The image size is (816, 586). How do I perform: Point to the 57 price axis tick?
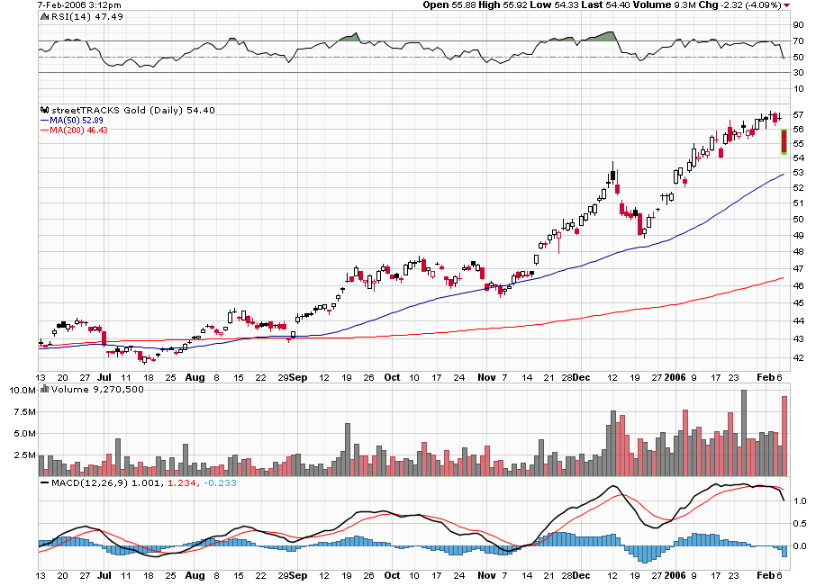click(x=798, y=115)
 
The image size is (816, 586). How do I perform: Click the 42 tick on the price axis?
click(x=798, y=357)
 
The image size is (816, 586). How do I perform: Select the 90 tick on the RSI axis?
click(x=798, y=26)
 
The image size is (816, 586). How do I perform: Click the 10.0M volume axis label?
click(x=23, y=391)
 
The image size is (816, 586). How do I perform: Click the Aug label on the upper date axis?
click(x=194, y=376)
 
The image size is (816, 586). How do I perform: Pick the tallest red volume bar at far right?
click(x=784, y=436)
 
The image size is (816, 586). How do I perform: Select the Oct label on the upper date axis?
click(x=392, y=376)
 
